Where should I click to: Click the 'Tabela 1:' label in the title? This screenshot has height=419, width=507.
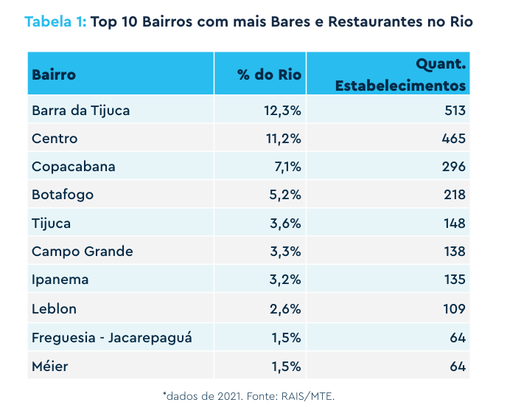55,21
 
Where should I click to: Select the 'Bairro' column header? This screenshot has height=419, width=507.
54,75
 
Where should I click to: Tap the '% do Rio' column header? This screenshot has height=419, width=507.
270,75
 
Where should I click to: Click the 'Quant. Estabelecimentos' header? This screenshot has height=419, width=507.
401,75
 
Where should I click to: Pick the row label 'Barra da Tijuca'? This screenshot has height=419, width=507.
81,111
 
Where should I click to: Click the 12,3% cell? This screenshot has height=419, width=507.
282,111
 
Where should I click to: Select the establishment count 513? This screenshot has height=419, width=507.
455,111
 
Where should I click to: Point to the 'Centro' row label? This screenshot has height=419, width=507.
55,139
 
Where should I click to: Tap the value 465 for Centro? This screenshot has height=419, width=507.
454,139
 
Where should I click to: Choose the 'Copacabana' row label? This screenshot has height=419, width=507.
74,167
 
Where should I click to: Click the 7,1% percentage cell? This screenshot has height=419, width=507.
288,167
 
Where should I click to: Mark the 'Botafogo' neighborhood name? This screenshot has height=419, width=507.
63,195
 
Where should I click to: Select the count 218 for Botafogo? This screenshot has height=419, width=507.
455,195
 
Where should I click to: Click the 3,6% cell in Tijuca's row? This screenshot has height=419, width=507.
285,224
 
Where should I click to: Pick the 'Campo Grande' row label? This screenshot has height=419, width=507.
83,252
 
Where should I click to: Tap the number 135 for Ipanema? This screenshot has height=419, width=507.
455,280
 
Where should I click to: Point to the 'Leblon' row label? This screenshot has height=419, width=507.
54,309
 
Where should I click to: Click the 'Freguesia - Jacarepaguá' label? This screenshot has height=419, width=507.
112,338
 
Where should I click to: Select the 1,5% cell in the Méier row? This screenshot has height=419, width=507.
286,367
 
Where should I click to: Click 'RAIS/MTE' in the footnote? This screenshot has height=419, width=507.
308,396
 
